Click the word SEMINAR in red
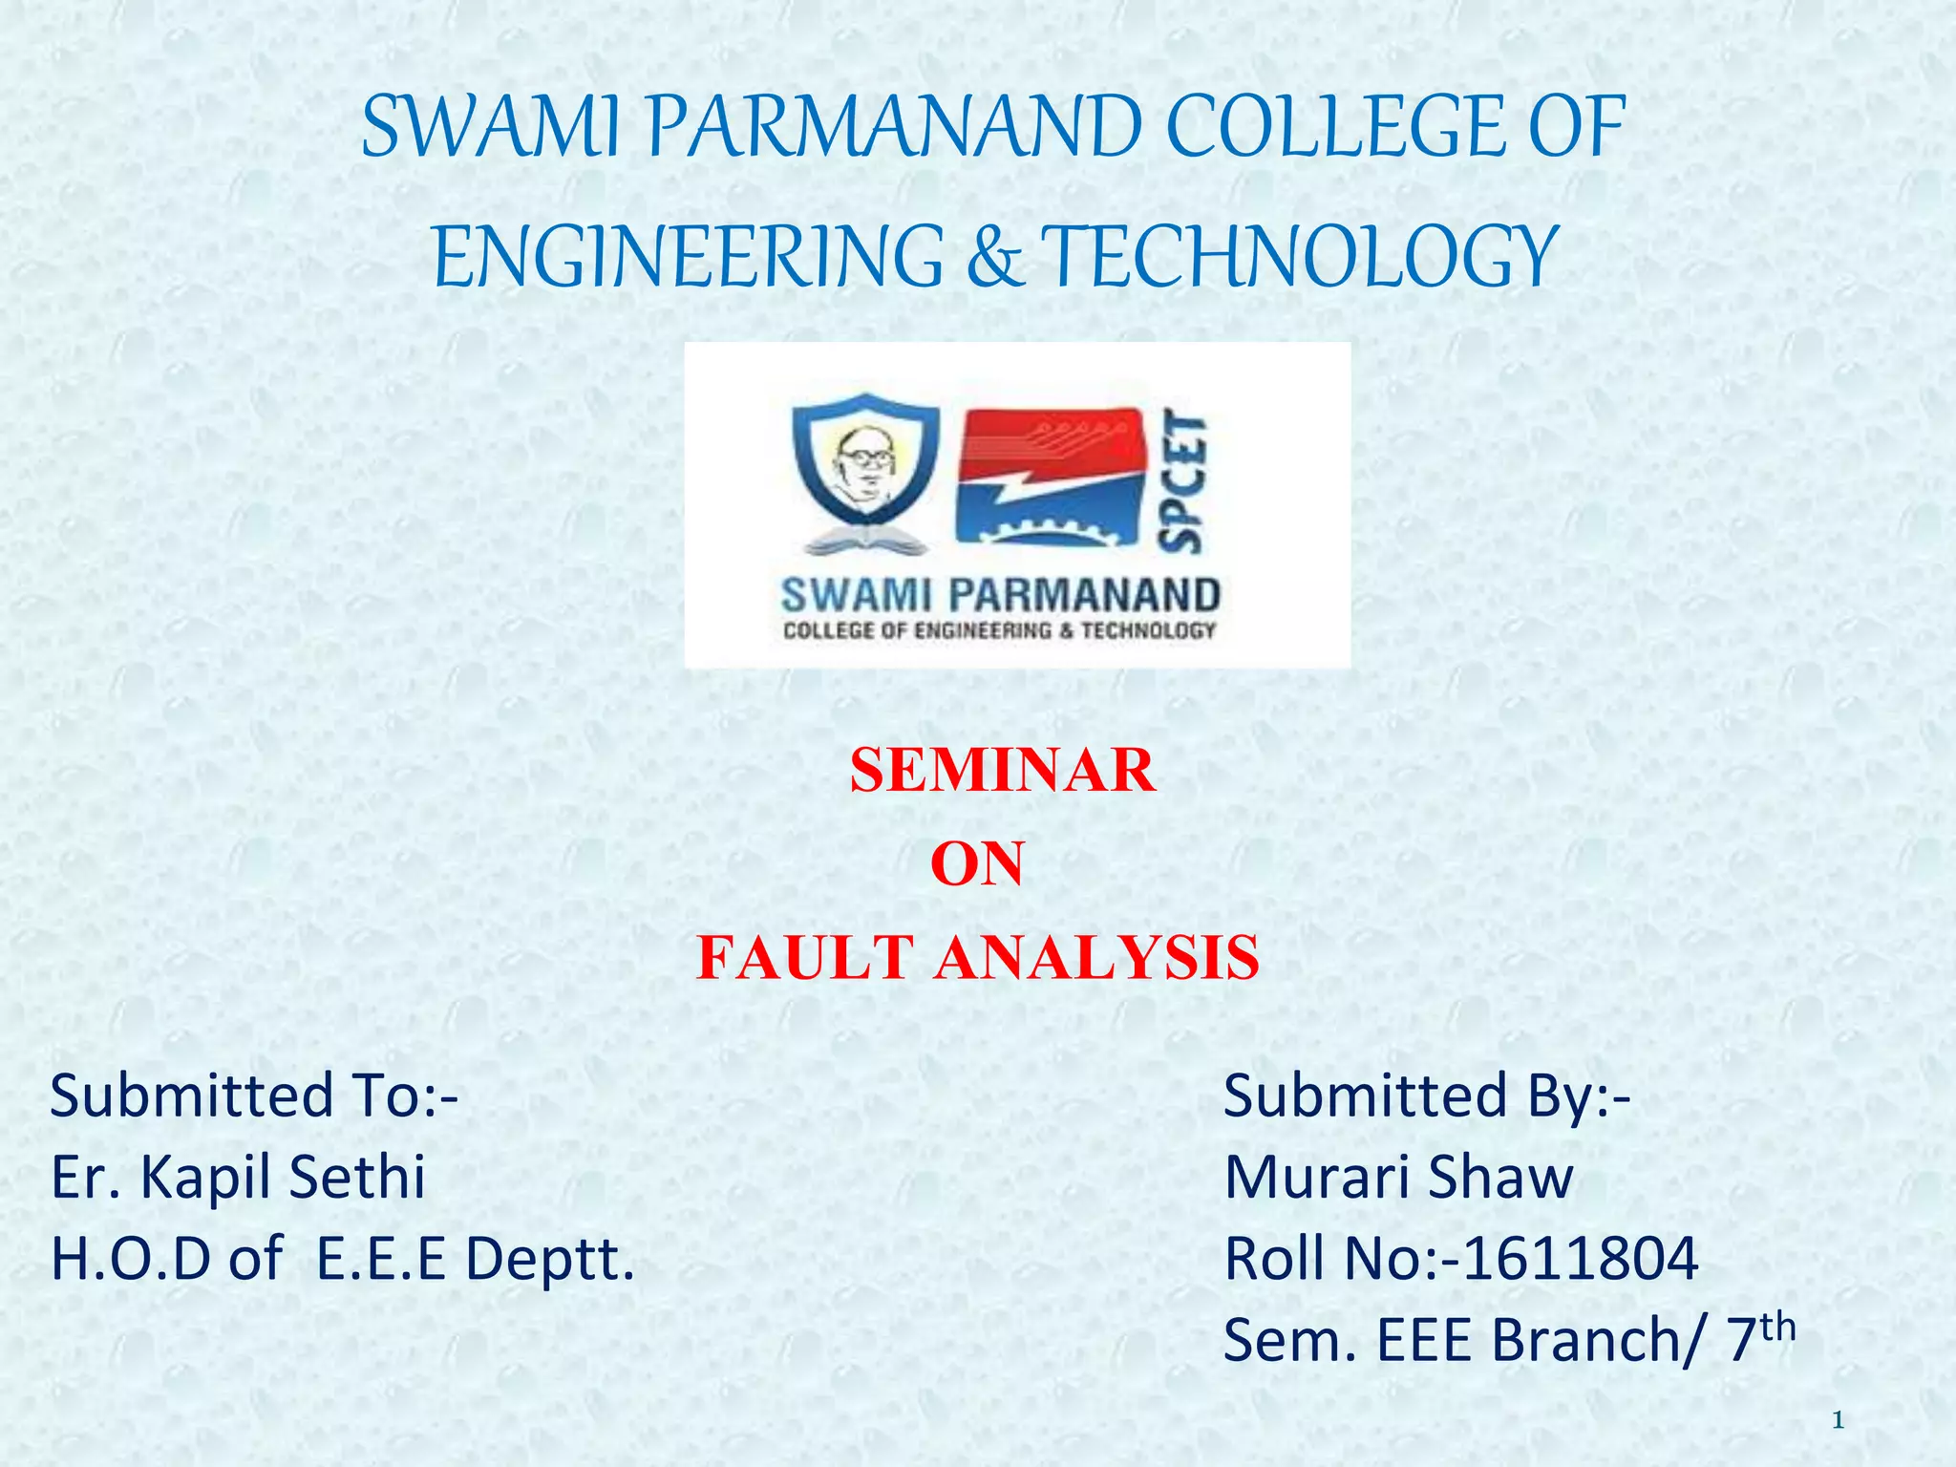tap(1002, 770)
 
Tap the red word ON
tap(976, 864)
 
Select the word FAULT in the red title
tap(806, 958)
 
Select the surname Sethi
tap(356, 1177)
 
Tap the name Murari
tap(1317, 1177)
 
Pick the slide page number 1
tap(1838, 1421)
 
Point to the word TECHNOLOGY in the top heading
tap(1300, 256)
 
